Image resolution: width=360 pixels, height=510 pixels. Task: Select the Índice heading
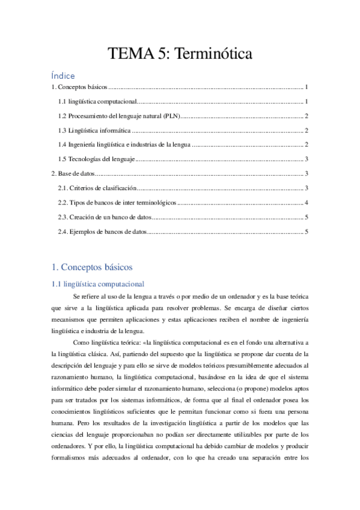click(63, 76)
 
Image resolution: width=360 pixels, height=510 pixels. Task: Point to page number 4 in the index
click(307, 203)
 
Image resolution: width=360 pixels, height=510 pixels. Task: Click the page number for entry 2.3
click(307, 217)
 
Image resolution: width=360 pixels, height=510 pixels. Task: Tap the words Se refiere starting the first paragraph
click(85, 297)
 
